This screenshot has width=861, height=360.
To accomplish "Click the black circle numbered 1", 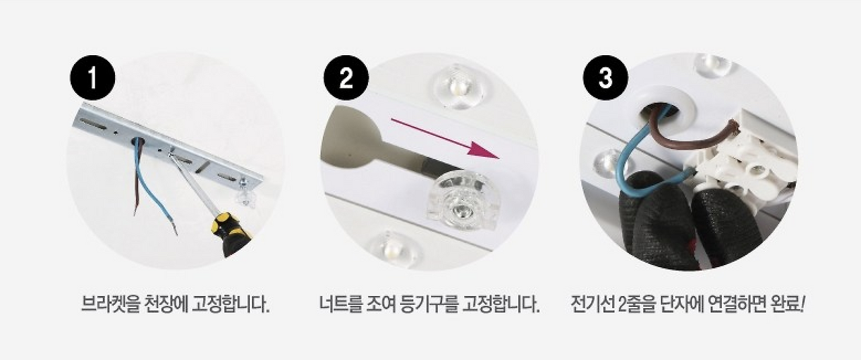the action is [92, 77].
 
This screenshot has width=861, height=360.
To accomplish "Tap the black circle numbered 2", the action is [346, 77].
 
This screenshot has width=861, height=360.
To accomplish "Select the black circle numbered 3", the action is [605, 77].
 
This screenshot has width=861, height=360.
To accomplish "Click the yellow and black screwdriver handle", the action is [231, 234].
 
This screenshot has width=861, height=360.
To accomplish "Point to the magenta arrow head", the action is [484, 151].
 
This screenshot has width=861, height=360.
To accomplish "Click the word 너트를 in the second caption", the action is [340, 305].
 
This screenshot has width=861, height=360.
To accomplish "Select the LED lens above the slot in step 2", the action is [458, 87].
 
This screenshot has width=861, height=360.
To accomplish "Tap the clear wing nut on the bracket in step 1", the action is [244, 194].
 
